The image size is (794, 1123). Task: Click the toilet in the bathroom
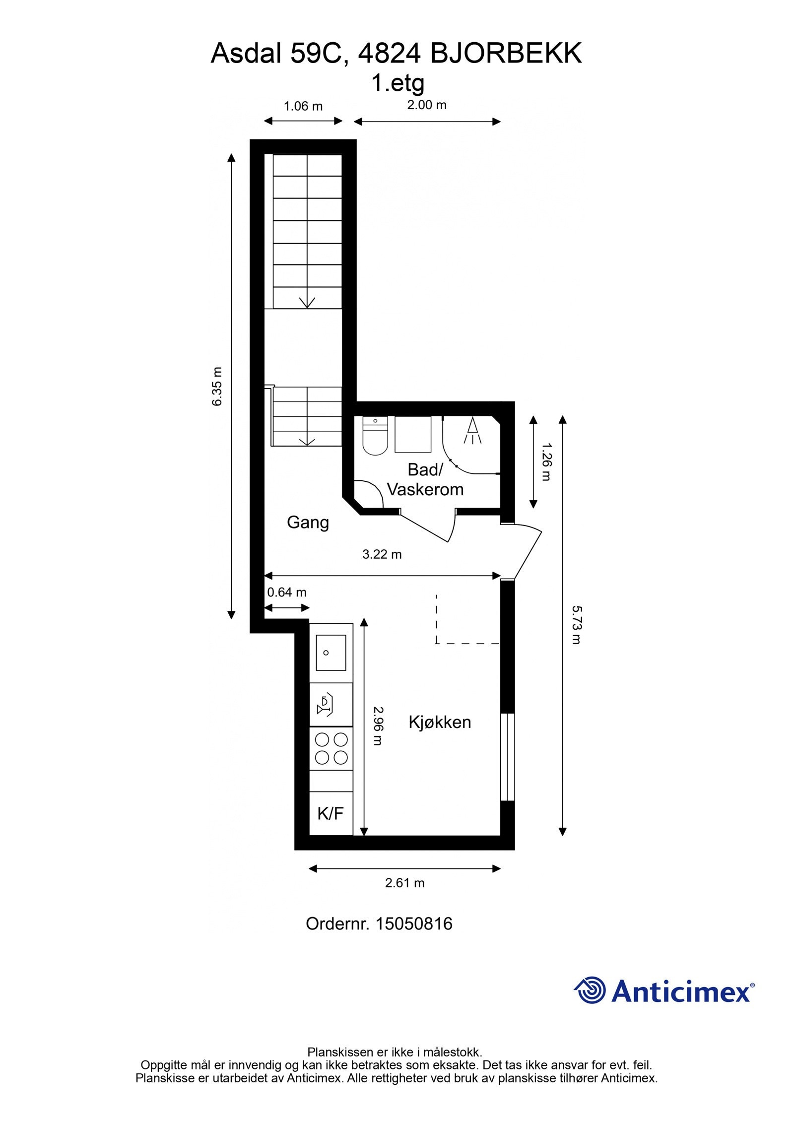point(375,437)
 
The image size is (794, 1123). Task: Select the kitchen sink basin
point(331,653)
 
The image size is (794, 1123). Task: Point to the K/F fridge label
point(331,813)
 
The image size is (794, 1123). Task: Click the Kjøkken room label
point(440,722)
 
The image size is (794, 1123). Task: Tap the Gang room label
point(308,522)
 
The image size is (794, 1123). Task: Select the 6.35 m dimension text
point(217,387)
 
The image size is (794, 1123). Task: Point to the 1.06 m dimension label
point(303,106)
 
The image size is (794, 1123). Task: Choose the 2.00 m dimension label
point(427,105)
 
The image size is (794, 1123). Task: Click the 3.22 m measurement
point(382,554)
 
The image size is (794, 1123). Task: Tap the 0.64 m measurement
point(287,592)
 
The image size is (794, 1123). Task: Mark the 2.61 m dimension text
point(405,883)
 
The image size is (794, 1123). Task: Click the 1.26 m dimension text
point(546,462)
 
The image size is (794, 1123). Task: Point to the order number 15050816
point(414,924)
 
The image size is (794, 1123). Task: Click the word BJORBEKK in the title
point(506,54)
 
